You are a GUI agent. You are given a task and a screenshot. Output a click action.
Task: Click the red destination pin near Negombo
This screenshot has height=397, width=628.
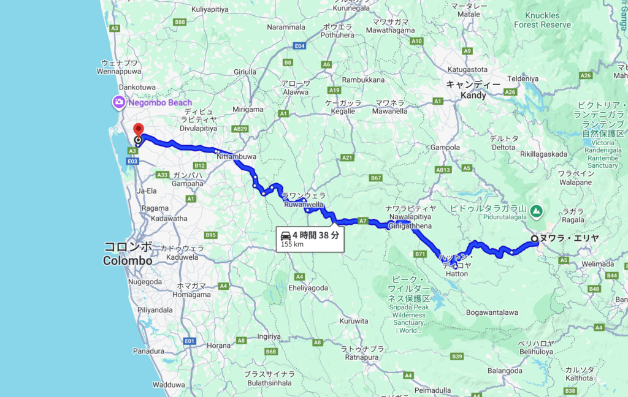coord(138,129)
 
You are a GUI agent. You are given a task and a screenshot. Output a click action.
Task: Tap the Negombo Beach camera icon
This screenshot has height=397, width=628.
coord(117,102)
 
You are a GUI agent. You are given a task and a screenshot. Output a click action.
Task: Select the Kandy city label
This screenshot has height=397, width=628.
coord(473,96)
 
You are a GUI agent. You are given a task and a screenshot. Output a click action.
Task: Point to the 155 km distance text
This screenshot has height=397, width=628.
coord(293,244)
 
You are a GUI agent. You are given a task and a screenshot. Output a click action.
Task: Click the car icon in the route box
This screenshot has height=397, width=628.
coord(285,235)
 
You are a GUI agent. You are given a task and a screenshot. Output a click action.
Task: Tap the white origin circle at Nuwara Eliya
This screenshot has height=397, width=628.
coord(535,239)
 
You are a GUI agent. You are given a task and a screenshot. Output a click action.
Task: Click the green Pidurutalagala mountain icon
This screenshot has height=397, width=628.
coord(537,211)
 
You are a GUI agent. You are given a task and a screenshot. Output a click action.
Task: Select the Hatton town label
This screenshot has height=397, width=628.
coord(456,274)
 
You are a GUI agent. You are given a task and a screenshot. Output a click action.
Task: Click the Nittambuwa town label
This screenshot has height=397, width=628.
coord(236,157)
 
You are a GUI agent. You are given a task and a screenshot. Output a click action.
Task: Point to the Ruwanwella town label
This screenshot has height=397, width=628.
coord(304,205)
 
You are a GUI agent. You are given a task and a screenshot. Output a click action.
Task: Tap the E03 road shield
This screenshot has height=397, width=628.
coord(131,161)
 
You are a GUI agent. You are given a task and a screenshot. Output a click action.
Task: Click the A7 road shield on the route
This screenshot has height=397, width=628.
coord(362,221)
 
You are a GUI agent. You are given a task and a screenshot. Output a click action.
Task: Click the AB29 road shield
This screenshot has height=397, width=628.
coord(240,129)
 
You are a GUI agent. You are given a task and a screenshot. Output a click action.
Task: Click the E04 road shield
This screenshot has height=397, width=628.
coord(300,46)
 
